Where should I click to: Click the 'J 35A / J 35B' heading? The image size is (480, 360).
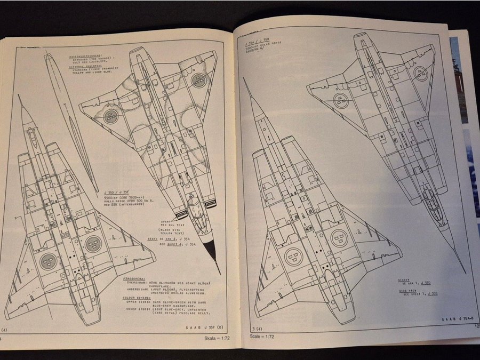click(254, 39)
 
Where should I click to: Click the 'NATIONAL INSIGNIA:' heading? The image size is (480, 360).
click(89, 67)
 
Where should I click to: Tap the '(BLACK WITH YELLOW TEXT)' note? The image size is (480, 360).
click(164, 230)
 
